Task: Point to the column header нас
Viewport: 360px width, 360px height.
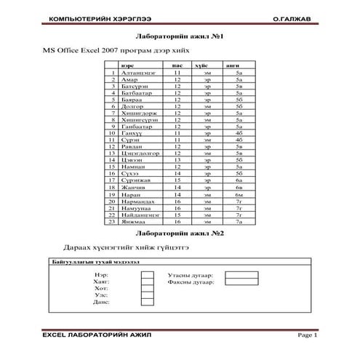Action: tap(177, 66)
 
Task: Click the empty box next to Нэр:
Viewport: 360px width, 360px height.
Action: tap(148, 275)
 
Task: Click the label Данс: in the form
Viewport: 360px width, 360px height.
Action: tap(101, 301)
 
